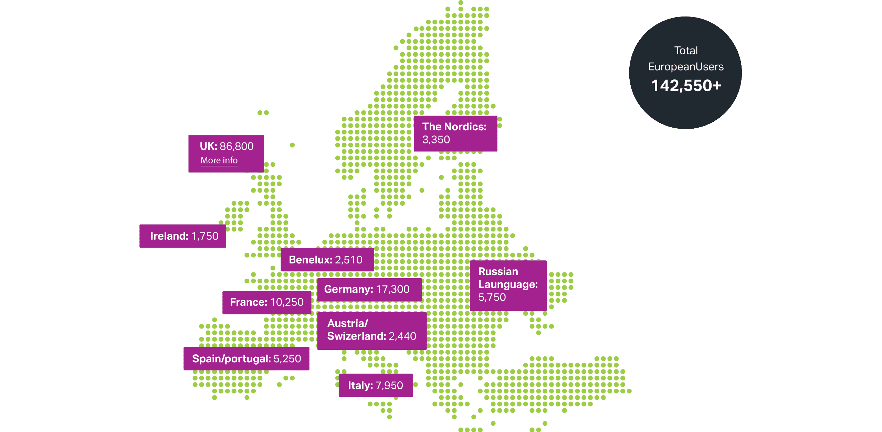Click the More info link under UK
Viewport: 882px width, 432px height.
coord(219,160)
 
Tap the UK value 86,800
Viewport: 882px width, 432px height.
coord(237,146)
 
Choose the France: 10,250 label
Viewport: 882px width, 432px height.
coord(267,302)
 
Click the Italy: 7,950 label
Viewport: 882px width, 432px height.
coord(376,385)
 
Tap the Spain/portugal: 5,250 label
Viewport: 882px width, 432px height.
coord(246,359)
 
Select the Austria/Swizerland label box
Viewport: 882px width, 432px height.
coord(372,330)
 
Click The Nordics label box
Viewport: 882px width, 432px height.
coord(455,133)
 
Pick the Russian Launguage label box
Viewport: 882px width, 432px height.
coord(508,285)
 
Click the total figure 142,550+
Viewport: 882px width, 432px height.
coord(686,86)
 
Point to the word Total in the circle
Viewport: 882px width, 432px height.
coord(686,51)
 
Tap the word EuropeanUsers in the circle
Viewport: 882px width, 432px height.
coord(686,67)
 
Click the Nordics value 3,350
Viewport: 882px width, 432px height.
coord(436,140)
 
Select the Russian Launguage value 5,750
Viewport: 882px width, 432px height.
coord(492,297)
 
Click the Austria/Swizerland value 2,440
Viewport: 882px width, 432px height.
coord(402,336)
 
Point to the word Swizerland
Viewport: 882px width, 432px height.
coord(356,336)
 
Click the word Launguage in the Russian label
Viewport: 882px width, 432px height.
coord(507,284)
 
